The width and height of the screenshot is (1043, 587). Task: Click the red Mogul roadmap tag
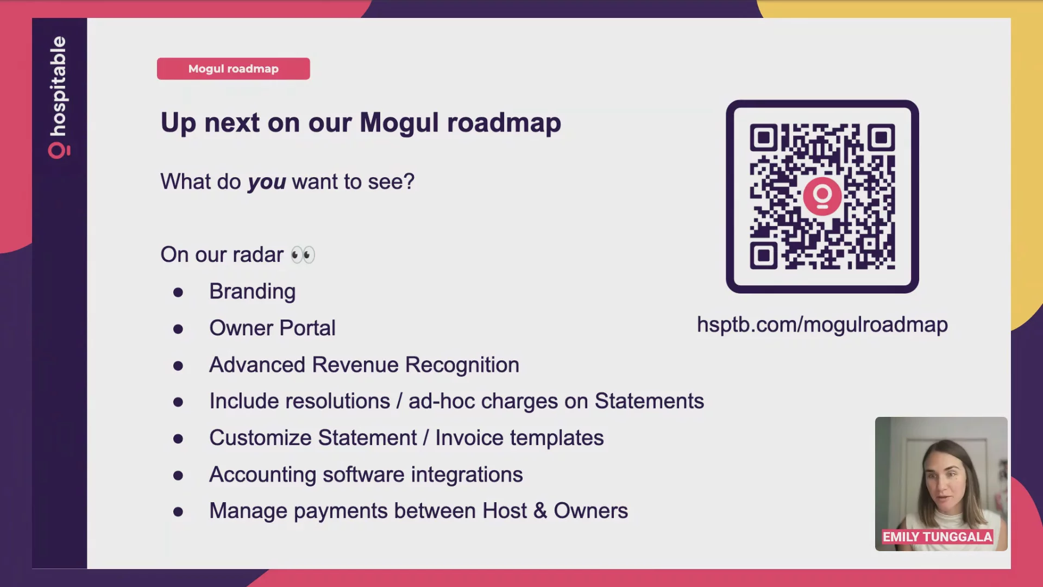pyautogui.click(x=234, y=69)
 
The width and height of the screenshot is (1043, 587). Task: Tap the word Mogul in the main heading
pyautogui.click(x=399, y=123)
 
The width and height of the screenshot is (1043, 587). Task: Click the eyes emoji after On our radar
pyautogui.click(x=303, y=255)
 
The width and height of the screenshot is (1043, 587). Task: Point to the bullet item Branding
pyautogui.click(x=253, y=292)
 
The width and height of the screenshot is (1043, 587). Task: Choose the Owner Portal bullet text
pyautogui.click(x=273, y=328)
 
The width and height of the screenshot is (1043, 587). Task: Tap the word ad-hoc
pyautogui.click(x=442, y=401)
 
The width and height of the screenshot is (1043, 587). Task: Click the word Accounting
pyautogui.click(x=263, y=475)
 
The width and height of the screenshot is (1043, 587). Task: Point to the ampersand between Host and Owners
pyautogui.click(x=540, y=511)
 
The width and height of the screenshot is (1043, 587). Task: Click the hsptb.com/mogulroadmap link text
pyautogui.click(x=822, y=325)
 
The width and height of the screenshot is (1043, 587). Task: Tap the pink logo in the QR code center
pyautogui.click(x=822, y=196)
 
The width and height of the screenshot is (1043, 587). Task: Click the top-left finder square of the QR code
pyautogui.click(x=764, y=138)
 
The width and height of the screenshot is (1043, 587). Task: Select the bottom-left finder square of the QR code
pyautogui.click(x=764, y=255)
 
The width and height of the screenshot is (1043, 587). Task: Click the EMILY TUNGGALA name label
pyautogui.click(x=938, y=537)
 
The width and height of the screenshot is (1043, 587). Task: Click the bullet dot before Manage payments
pyautogui.click(x=178, y=512)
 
